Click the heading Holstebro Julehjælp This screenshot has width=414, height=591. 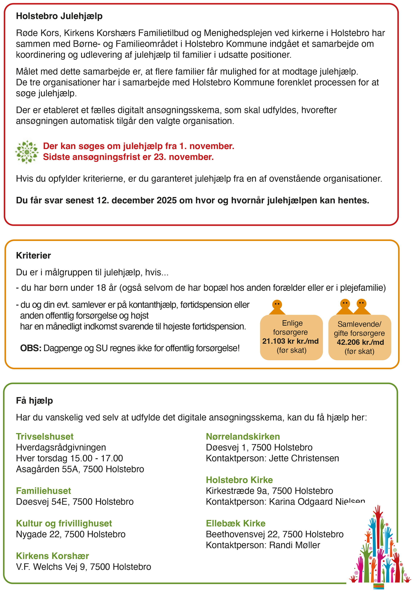59,16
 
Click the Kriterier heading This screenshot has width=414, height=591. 33,255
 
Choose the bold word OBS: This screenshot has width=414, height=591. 31,348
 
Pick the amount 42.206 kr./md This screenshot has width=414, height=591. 360,342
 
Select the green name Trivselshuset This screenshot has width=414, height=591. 45,437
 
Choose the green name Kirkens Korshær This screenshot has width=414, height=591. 52,556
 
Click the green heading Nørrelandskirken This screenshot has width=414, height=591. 243,437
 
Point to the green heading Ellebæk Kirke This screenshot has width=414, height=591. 236,523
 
